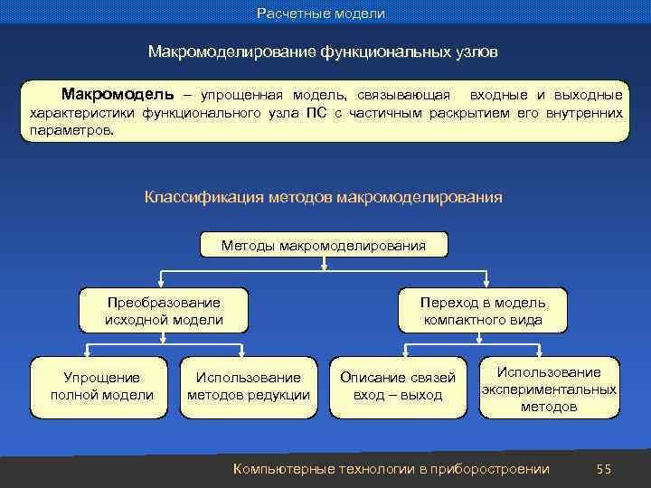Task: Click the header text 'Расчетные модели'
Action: point(321,14)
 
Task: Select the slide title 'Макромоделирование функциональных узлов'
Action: point(323,52)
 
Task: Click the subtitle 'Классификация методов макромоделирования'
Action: point(323,196)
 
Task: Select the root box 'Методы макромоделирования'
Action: point(324,245)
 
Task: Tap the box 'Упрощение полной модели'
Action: point(101,387)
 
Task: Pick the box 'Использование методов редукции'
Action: point(249,387)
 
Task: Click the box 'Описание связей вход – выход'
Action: point(398,387)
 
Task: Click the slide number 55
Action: point(604,468)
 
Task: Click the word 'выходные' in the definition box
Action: point(590,95)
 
